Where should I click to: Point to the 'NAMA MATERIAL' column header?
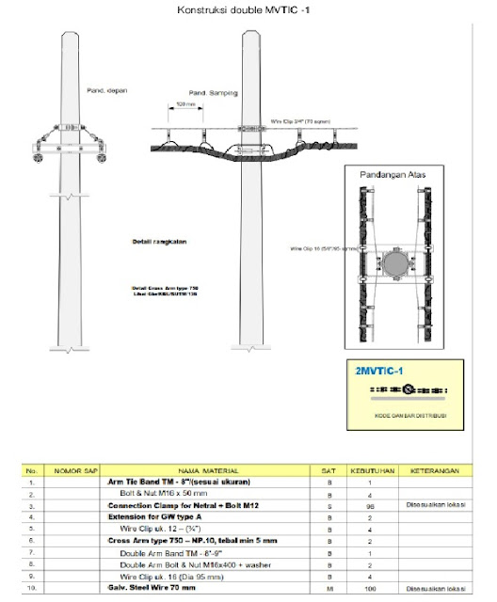point(208,469)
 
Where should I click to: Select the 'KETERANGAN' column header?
point(434,469)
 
